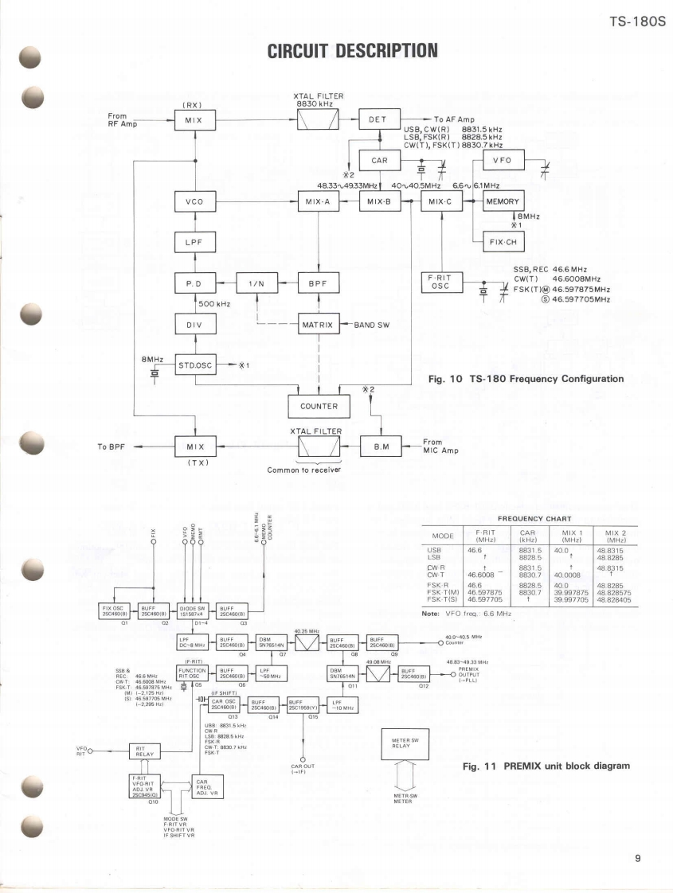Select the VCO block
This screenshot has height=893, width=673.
click(x=194, y=201)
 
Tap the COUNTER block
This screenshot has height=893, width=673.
click(x=319, y=406)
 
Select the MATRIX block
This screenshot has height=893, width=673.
click(x=319, y=325)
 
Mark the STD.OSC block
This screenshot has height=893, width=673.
click(x=194, y=367)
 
